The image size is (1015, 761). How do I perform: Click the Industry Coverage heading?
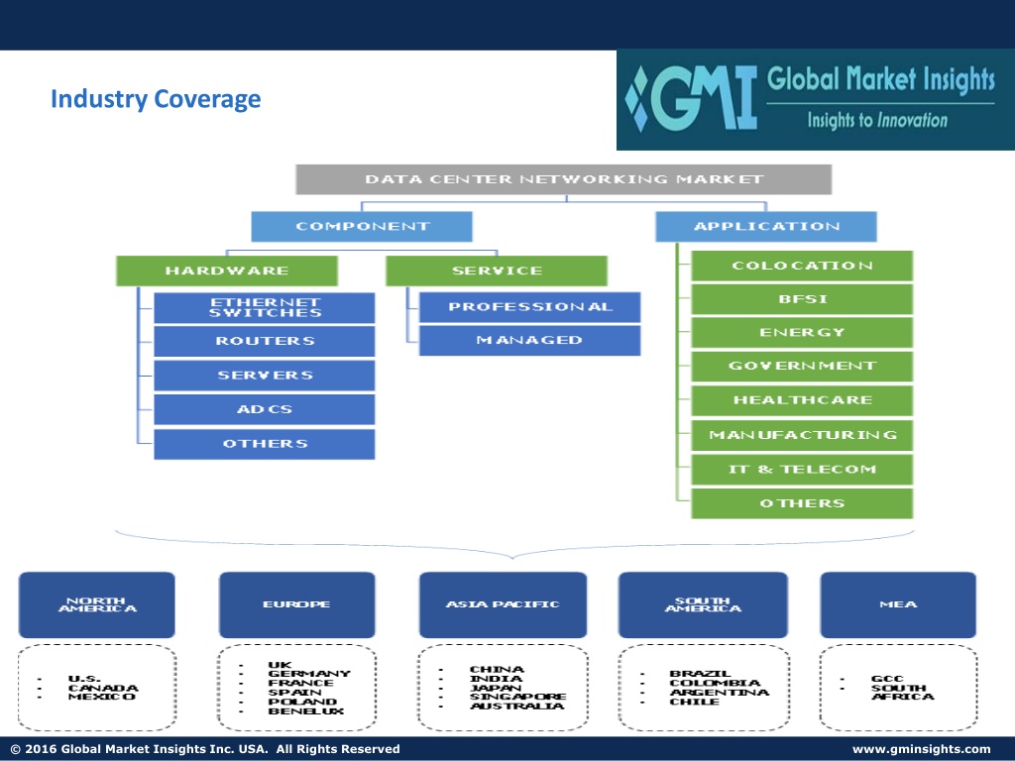point(156,99)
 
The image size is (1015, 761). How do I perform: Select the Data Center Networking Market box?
point(563,179)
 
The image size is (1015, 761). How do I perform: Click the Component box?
point(362,227)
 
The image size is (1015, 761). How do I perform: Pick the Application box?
point(766,227)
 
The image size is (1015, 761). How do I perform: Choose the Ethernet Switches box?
point(264,307)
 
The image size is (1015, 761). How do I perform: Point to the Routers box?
point(264,341)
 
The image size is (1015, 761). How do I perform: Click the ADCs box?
point(264,409)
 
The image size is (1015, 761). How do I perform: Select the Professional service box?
point(529,307)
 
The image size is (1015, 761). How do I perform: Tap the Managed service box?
point(529,340)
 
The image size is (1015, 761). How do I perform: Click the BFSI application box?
point(802,299)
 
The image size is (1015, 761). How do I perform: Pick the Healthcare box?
point(802,400)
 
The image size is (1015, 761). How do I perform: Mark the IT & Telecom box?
point(802,469)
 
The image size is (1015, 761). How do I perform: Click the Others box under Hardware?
point(264,444)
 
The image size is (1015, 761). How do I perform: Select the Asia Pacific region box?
point(503,604)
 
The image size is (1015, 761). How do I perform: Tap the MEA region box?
point(898,604)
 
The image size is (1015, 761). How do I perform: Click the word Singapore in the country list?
point(517,697)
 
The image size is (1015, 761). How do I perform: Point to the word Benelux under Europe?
point(306,711)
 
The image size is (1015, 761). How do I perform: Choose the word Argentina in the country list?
point(720,693)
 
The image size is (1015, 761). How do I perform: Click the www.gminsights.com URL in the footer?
point(921,749)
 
